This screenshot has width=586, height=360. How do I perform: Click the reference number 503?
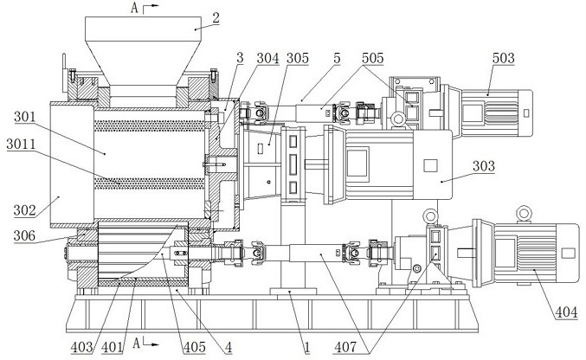[x=503, y=58]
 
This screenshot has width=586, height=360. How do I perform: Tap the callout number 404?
[x=566, y=312]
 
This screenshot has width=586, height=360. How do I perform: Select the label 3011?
[x=21, y=145]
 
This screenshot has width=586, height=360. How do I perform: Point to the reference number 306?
[x=24, y=235]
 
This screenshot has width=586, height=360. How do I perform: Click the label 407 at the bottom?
[x=345, y=347]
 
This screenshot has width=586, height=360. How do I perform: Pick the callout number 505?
[x=372, y=58]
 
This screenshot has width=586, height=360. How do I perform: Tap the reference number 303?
[x=484, y=166]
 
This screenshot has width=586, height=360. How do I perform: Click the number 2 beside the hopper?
[x=216, y=18]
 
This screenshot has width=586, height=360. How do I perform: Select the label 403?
[x=81, y=347]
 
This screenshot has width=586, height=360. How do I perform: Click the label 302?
[x=24, y=210]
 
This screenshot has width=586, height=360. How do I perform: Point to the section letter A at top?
[x=135, y=9]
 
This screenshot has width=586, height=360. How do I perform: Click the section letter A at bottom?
[x=137, y=343]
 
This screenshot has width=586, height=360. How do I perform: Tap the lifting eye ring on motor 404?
[x=524, y=214]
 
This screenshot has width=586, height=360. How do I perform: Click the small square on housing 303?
[x=430, y=165]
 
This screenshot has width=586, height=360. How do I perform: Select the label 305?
[x=298, y=58]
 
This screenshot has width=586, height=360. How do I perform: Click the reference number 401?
[x=113, y=347]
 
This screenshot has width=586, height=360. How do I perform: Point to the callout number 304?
[x=267, y=58]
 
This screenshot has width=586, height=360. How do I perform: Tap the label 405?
[x=195, y=347]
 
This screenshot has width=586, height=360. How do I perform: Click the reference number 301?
[x=24, y=117]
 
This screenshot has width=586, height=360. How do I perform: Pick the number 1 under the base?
[x=306, y=347]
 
